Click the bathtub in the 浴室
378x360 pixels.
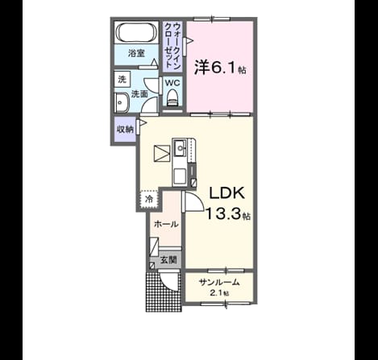point(136,32)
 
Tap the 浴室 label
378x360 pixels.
point(136,54)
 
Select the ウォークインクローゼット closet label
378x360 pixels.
point(172,46)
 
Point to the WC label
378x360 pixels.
point(172,83)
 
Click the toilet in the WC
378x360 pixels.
point(172,98)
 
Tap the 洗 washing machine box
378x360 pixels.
point(123,79)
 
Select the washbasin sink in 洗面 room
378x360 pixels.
point(123,102)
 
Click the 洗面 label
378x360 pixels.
point(139,94)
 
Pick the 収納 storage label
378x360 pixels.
point(125,130)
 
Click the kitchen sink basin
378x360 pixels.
point(180,148)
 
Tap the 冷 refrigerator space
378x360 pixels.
point(149,199)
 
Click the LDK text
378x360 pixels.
point(227,192)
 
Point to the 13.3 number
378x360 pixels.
point(223,214)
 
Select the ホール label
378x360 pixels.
point(167,224)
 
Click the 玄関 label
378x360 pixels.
point(168,260)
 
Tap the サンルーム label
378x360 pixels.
point(219,282)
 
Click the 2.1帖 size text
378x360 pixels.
point(219,293)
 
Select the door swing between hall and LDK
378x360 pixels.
point(193,201)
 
